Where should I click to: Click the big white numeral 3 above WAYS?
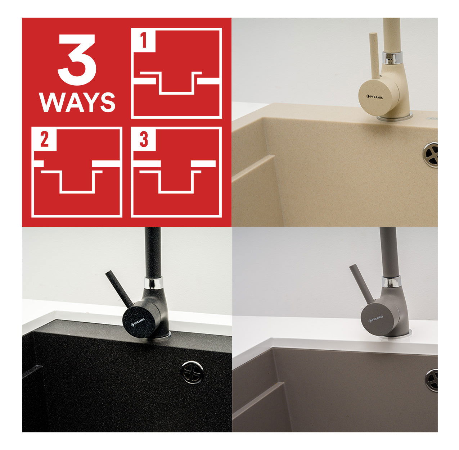click(77, 60)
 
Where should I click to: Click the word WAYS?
click(77, 103)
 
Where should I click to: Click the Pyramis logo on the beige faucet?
click(374, 96)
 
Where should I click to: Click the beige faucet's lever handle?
click(374, 56)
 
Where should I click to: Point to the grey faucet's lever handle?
click(361, 284)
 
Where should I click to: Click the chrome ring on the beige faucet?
click(392, 58)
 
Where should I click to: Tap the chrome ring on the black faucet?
click(154, 283)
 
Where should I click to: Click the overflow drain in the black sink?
click(192, 372)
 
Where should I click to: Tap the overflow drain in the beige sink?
click(431, 155)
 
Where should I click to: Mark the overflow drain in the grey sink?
click(432, 380)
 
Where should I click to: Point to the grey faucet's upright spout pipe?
click(389, 252)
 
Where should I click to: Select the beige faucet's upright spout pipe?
click(392, 35)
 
